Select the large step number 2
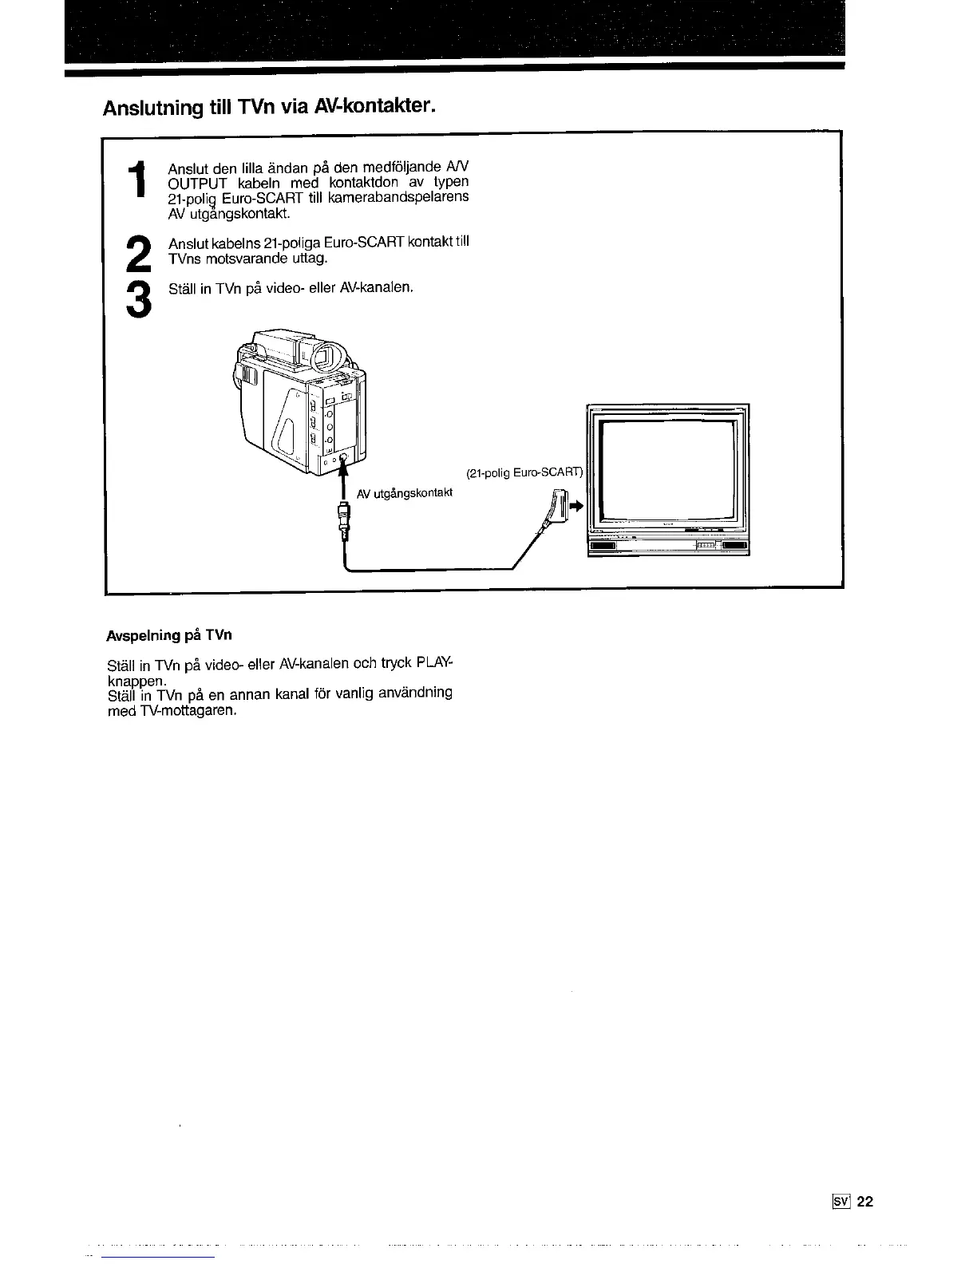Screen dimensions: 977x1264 point(138,255)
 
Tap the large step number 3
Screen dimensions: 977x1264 point(138,300)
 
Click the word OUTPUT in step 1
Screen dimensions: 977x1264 point(196,182)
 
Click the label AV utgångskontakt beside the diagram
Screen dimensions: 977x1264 point(405,493)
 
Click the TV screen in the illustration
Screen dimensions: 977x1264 point(666,471)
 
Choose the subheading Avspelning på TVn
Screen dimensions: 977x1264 point(169,636)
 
